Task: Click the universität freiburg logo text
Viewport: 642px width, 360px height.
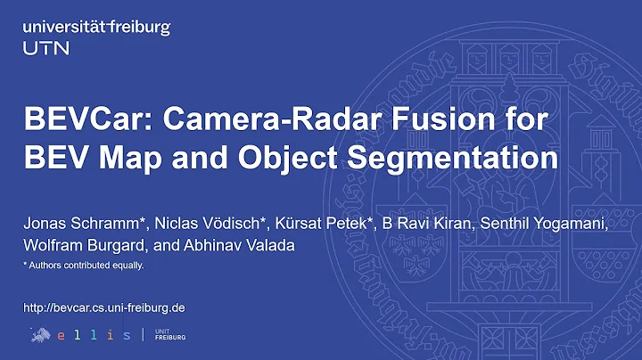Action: [95, 28]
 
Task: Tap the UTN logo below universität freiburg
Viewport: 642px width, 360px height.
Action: [45, 47]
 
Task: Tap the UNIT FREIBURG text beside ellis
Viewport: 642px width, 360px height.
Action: [163, 334]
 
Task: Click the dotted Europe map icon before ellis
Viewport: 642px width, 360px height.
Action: [38, 333]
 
